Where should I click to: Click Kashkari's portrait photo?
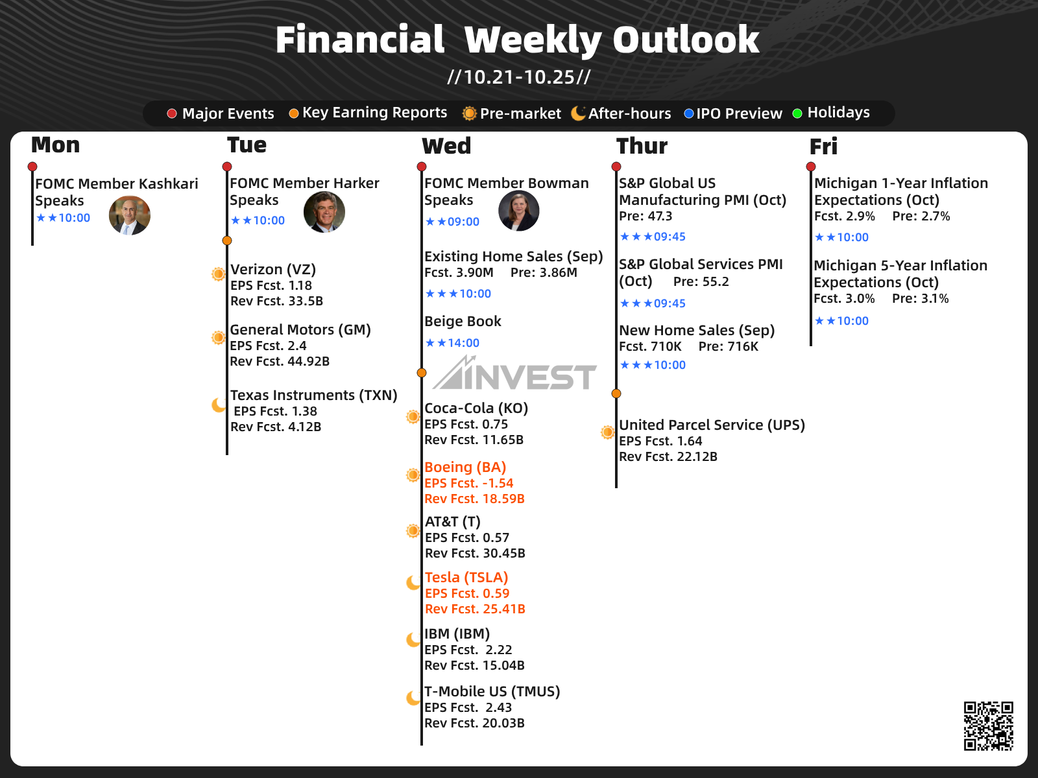pyautogui.click(x=130, y=215)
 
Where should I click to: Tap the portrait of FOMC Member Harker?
pyautogui.click(x=324, y=212)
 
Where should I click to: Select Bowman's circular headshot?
pyautogui.click(x=519, y=211)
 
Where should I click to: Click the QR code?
pyautogui.click(x=988, y=725)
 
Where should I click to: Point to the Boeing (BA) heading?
pyautogui.click(x=465, y=467)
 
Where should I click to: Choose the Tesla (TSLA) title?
pyautogui.click(x=466, y=577)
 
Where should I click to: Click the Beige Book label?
pyautogui.click(x=463, y=321)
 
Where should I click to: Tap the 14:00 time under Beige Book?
pyautogui.click(x=463, y=342)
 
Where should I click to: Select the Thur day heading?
pyautogui.click(x=642, y=145)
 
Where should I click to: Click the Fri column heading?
pyautogui.click(x=823, y=146)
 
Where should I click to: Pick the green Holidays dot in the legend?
pyautogui.click(x=797, y=113)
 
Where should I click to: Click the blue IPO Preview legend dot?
pyautogui.click(x=688, y=113)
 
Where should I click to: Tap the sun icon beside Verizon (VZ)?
pyautogui.click(x=218, y=274)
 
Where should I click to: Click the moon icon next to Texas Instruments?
pyautogui.click(x=219, y=405)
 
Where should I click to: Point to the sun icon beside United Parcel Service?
pyautogui.click(x=607, y=432)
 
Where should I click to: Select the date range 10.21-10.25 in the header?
pyautogui.click(x=519, y=77)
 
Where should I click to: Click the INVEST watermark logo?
pyautogui.click(x=514, y=373)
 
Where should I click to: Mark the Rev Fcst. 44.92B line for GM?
pyautogui.click(x=280, y=361)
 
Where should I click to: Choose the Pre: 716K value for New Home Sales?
pyautogui.click(x=729, y=346)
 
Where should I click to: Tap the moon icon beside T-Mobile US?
pyautogui.click(x=413, y=698)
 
